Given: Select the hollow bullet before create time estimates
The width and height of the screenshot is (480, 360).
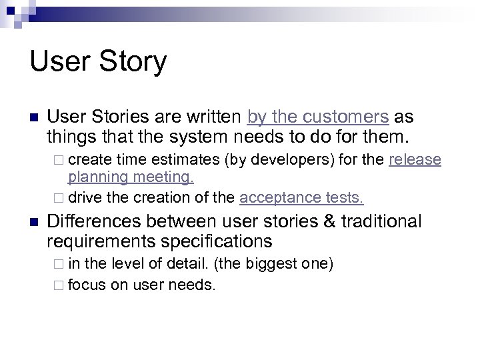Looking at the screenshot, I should [60, 161].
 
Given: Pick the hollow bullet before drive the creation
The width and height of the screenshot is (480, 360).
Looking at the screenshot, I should [60, 197].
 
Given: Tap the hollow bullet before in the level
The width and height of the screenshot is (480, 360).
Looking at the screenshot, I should [60, 265].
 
